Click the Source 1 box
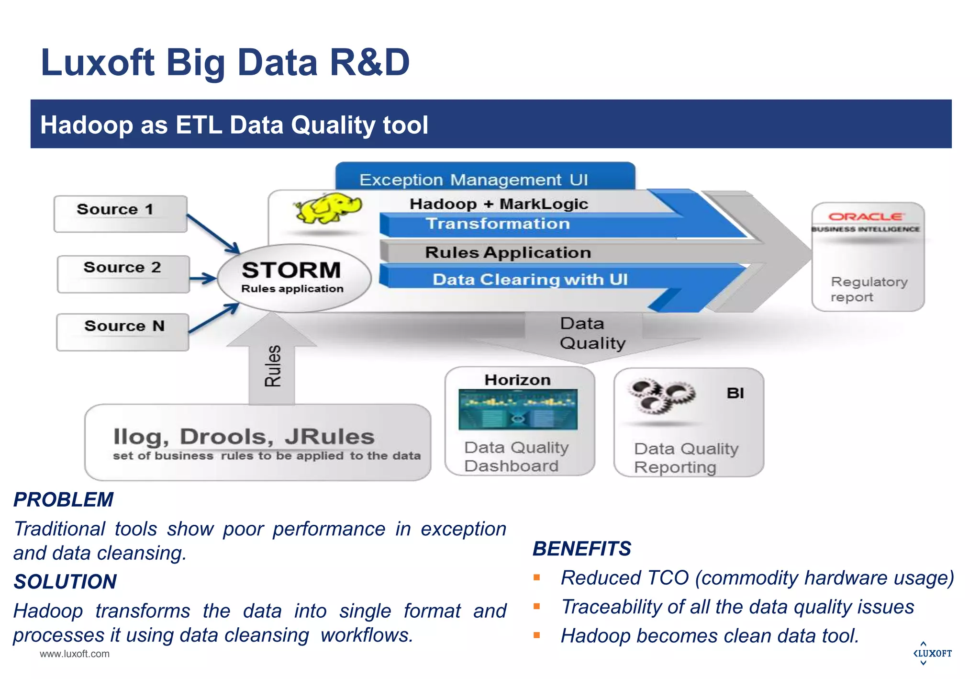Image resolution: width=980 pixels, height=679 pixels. pos(120,214)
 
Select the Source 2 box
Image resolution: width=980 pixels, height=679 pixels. pos(123,273)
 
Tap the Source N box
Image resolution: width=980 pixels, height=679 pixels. pos(122,332)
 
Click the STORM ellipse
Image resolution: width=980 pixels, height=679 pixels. pos(293,277)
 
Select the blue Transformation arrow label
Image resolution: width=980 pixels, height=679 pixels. pos(498,224)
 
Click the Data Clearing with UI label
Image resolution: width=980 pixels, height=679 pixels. pos(530,279)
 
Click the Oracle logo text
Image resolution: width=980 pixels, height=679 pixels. pos(866,217)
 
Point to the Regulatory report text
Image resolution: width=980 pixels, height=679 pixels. pos(868,289)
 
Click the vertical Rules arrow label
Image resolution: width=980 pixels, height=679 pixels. pos(272,366)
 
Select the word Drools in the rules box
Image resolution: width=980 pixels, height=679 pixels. pos(226,436)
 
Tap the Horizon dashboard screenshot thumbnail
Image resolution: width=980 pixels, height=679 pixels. pos(518,409)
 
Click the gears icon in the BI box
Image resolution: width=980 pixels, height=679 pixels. pos(661,396)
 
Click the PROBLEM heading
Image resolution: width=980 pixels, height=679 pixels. pos(63,499)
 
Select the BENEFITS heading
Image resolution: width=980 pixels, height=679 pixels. pos(581,548)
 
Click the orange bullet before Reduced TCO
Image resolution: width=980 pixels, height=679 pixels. pos(537,577)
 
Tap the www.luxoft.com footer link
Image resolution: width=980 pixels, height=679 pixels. pos(75,654)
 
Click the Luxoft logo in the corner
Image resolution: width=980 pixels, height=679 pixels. pos(932,653)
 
